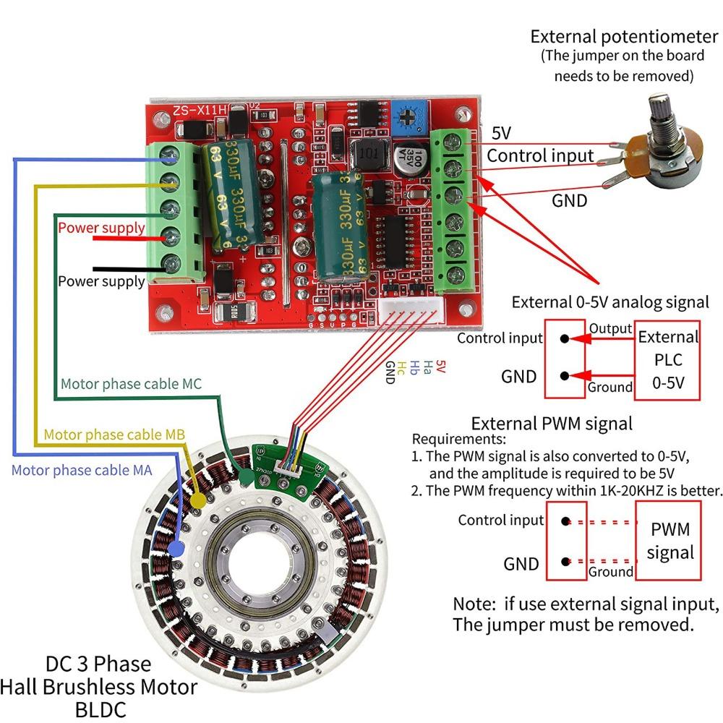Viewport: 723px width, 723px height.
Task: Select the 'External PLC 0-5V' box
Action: point(668,359)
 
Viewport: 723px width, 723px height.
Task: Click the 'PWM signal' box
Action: point(670,542)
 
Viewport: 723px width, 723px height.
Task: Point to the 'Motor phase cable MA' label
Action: point(81,471)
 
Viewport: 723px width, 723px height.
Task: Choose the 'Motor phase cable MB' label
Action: point(114,435)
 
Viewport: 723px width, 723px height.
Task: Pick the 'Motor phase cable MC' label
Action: point(131,384)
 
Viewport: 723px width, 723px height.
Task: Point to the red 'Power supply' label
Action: point(101,228)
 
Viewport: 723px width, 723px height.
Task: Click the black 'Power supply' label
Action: point(101,281)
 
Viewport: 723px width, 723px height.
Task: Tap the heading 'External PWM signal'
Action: point(552,423)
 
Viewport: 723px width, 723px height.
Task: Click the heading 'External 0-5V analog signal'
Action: point(610,301)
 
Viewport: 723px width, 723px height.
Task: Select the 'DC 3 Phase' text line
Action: point(98,664)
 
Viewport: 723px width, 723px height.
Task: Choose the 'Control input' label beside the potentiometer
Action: point(540,155)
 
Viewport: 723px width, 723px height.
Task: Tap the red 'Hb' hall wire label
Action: point(415,368)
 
